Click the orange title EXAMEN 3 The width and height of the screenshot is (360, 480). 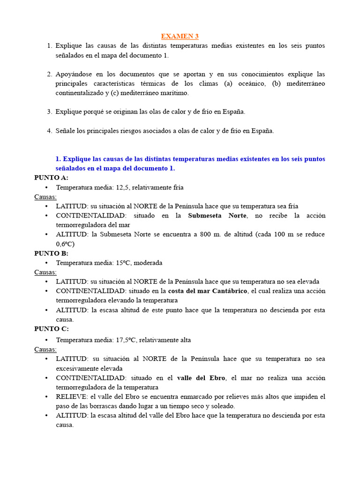click(x=180, y=36)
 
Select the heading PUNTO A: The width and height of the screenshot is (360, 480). click(x=51, y=178)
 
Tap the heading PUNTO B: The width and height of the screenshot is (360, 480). click(x=51, y=253)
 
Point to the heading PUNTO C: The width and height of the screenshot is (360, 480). click(x=51, y=329)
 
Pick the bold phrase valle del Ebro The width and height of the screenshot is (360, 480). click(x=201, y=378)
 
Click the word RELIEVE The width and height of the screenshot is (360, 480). click(x=71, y=397)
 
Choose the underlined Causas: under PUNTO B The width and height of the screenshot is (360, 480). click(x=45, y=272)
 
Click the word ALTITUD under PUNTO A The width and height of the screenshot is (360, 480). click(x=72, y=234)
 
